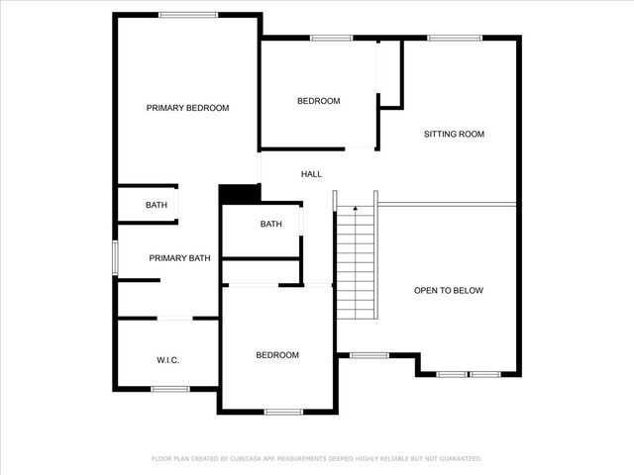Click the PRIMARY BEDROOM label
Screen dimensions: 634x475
pos(187,108)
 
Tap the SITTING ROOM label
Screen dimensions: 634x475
pos(454,135)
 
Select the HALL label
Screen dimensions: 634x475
pos(311,174)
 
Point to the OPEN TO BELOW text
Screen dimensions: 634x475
pos(449,290)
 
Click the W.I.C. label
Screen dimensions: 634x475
pos(167,360)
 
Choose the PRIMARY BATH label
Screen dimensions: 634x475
pos(179,258)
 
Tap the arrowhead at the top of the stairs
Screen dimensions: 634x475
pos(356,209)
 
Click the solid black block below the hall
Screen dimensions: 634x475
pos(240,194)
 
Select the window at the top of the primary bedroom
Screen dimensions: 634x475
pos(188,16)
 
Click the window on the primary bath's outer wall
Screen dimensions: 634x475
pos(115,257)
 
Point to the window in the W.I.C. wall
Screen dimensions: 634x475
pos(170,389)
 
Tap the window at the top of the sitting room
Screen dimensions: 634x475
pos(455,38)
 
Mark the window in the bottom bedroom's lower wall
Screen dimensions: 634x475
pos(283,412)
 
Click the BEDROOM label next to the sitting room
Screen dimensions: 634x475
pos(319,101)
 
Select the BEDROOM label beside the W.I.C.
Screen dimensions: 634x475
pos(277,355)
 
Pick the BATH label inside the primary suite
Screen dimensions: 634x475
pos(157,205)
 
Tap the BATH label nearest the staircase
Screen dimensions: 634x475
pos(270,224)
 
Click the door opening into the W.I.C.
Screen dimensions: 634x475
pos(174,319)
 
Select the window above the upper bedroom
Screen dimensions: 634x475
pos(332,38)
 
